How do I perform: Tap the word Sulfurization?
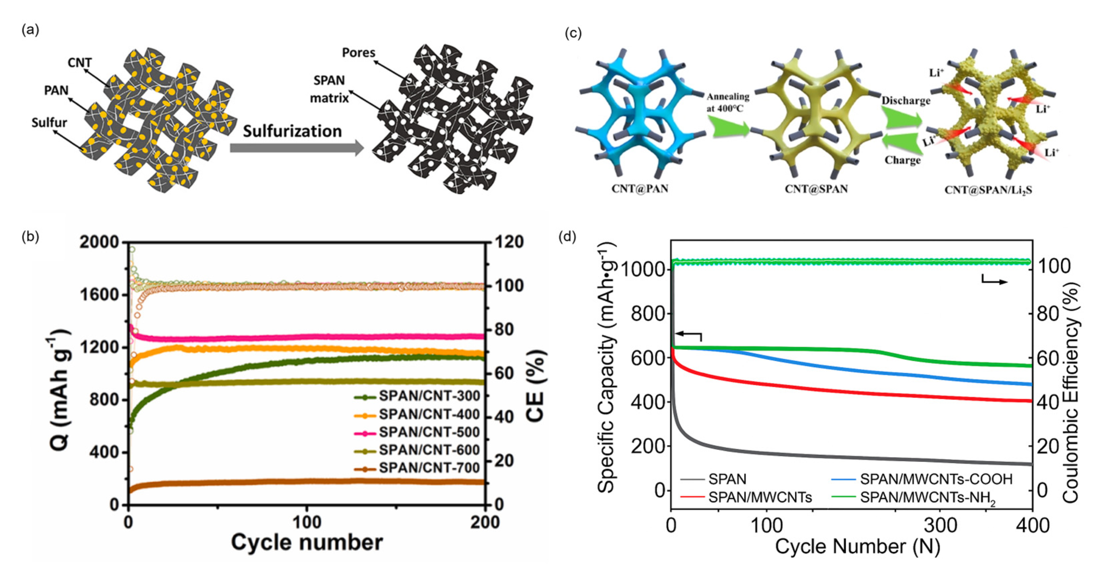coord(292,131)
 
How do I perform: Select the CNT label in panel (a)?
coord(79,63)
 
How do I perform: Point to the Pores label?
coord(358,52)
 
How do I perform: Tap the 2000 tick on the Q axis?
coord(99,242)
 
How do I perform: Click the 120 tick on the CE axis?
coord(509,242)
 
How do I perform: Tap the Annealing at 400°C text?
coord(727,102)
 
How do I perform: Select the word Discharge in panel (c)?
coord(906,101)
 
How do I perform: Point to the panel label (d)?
coord(567,236)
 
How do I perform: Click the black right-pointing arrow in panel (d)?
coord(995,281)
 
